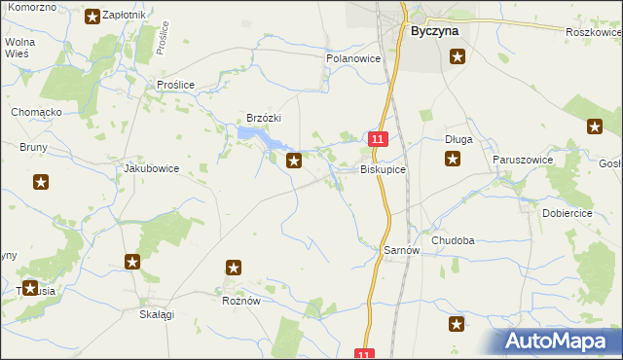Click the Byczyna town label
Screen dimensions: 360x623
433,30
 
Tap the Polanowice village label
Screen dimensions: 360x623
352,58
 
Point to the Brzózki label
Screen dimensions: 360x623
264,118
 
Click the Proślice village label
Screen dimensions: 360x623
176,85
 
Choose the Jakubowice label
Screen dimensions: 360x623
151,168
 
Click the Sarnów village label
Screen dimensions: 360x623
401,250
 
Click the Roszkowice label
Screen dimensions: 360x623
593,32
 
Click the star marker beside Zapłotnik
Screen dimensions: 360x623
92,16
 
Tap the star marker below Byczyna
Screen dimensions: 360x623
458,57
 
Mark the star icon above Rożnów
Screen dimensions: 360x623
234,267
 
